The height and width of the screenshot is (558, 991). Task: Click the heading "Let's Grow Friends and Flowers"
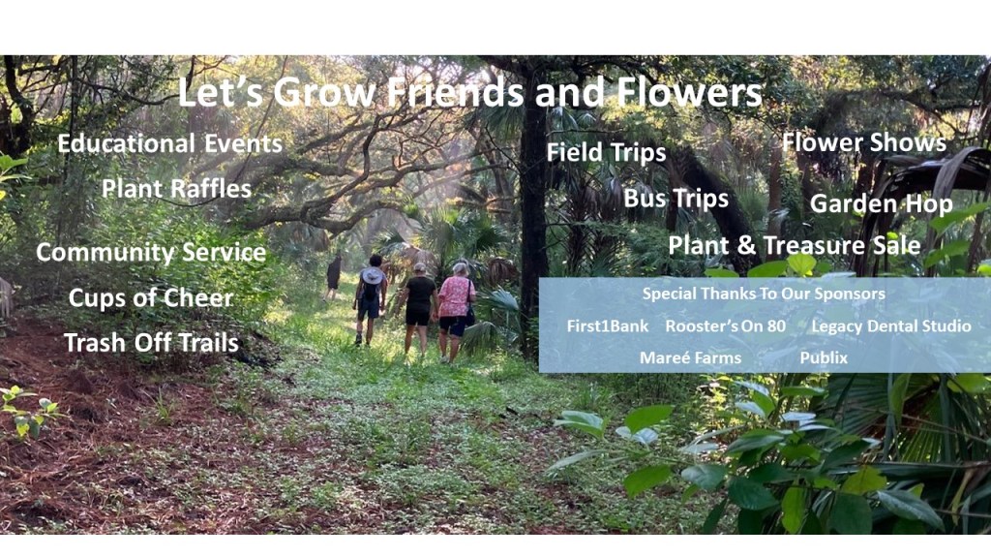coord(470,92)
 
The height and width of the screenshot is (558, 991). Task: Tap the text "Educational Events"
coord(170,143)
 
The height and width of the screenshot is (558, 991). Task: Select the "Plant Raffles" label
coord(177,189)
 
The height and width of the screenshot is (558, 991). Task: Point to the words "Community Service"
coord(151,253)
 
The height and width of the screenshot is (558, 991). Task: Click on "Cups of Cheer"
coord(151,298)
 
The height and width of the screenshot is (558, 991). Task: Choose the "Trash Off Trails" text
coord(152,343)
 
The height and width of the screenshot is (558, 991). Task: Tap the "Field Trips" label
coord(606,152)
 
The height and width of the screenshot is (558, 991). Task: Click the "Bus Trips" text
coord(676,198)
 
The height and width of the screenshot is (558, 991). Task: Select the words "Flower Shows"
coord(864,142)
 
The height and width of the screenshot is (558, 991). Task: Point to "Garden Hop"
coord(882,203)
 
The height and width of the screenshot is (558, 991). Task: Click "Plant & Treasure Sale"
coord(795,245)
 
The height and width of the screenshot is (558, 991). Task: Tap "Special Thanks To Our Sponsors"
coord(764,294)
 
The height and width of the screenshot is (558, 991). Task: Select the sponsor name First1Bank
coord(608,326)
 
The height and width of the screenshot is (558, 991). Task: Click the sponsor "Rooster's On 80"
coord(726,326)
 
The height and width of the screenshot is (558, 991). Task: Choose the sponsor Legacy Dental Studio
coord(891,326)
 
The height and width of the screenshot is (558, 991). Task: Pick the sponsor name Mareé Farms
coord(690,358)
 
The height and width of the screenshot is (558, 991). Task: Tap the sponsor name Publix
coord(824,358)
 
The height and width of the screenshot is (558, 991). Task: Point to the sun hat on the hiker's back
coord(372,276)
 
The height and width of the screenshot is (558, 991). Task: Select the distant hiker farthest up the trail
coord(333,276)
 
